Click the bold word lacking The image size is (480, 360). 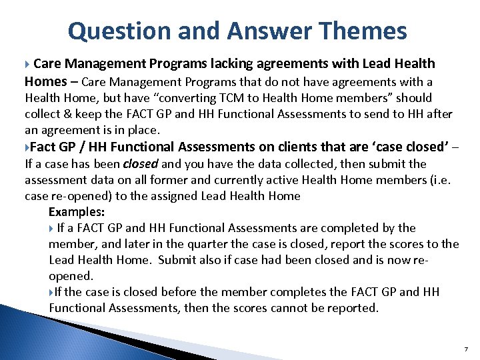[234, 63]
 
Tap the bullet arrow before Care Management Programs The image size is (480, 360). [27, 64]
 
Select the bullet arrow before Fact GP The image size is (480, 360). [27, 147]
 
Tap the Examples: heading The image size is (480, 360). [77, 212]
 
